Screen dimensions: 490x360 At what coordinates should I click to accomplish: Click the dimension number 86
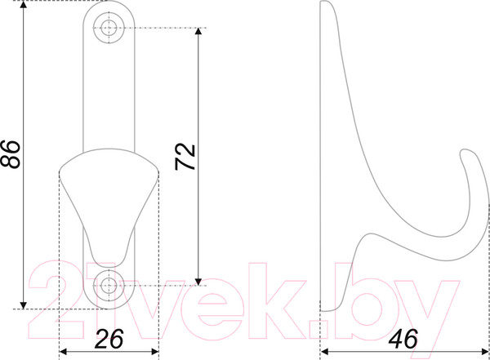11,154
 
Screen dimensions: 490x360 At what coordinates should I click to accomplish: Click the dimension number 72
185,157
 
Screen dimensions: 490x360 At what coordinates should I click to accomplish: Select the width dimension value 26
109,339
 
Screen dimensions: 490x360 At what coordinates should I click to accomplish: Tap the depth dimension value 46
403,339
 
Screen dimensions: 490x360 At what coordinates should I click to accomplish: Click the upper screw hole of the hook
109,28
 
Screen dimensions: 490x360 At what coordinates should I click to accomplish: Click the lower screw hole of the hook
109,285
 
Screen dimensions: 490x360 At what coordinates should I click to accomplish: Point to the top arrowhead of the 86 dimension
24,5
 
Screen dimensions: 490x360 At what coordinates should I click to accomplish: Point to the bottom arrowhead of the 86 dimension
24,305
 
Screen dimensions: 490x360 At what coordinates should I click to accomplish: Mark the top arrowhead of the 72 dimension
198,32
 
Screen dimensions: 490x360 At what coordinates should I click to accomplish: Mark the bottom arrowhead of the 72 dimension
198,282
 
